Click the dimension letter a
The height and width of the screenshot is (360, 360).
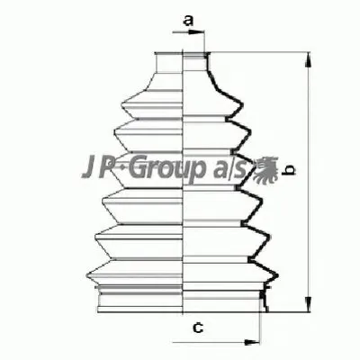click(189, 19)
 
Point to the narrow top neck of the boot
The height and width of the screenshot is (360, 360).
click(184, 60)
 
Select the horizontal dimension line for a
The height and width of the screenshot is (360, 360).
click(184, 34)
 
